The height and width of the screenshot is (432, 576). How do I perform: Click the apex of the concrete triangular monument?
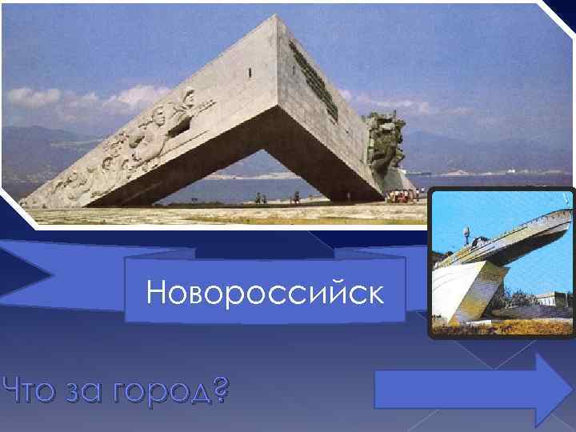tap(280, 18)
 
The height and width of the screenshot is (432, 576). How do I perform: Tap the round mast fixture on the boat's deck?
tap(466, 233)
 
